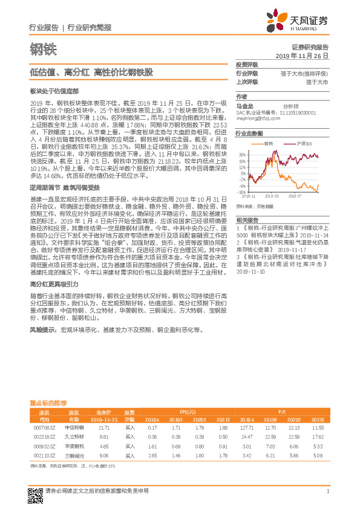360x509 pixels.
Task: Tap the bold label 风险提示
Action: coord(43,331)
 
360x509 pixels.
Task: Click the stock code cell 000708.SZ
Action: coord(44,427)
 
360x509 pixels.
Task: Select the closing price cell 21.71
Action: coord(103,427)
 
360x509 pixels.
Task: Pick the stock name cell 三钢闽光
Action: coord(74,456)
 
